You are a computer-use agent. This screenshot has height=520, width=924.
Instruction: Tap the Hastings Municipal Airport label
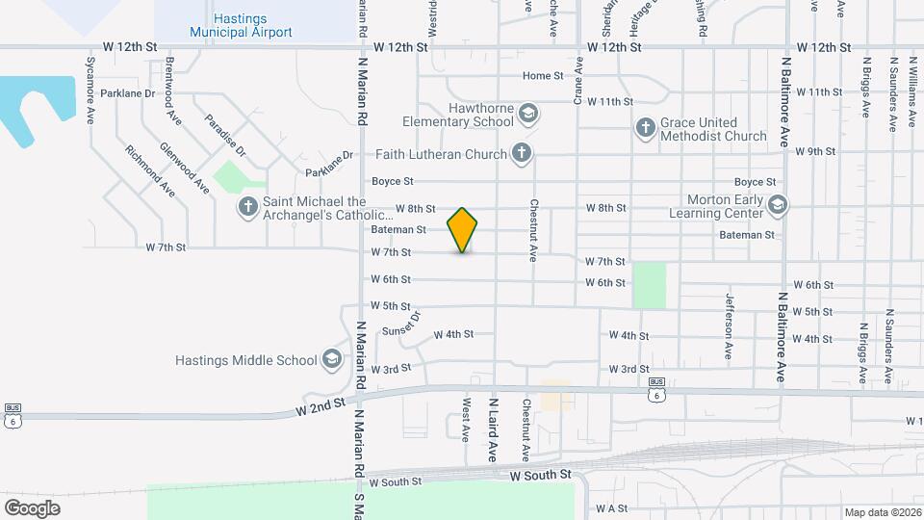(x=227, y=25)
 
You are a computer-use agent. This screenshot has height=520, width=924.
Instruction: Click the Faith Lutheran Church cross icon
(x=521, y=152)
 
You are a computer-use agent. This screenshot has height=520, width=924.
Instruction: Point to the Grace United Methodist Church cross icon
(x=646, y=128)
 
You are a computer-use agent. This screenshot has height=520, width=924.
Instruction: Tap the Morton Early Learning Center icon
(x=778, y=204)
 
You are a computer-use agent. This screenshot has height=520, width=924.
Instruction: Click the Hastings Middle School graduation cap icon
(x=332, y=360)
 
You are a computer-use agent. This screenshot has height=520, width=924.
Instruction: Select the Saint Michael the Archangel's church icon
(x=248, y=206)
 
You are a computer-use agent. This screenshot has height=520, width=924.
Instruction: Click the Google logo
(x=32, y=507)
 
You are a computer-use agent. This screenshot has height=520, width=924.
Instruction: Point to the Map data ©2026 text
(x=881, y=512)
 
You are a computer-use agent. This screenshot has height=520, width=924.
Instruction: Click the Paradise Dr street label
(x=225, y=136)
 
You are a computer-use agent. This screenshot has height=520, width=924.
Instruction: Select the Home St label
(x=543, y=76)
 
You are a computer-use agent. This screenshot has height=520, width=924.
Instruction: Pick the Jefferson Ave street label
(x=730, y=325)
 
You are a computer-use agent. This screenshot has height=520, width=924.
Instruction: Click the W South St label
(x=540, y=476)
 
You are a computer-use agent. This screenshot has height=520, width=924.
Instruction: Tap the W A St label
(x=612, y=507)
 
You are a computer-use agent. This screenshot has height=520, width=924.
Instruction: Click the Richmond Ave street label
(x=149, y=170)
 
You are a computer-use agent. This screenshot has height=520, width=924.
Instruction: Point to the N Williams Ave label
(x=911, y=91)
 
